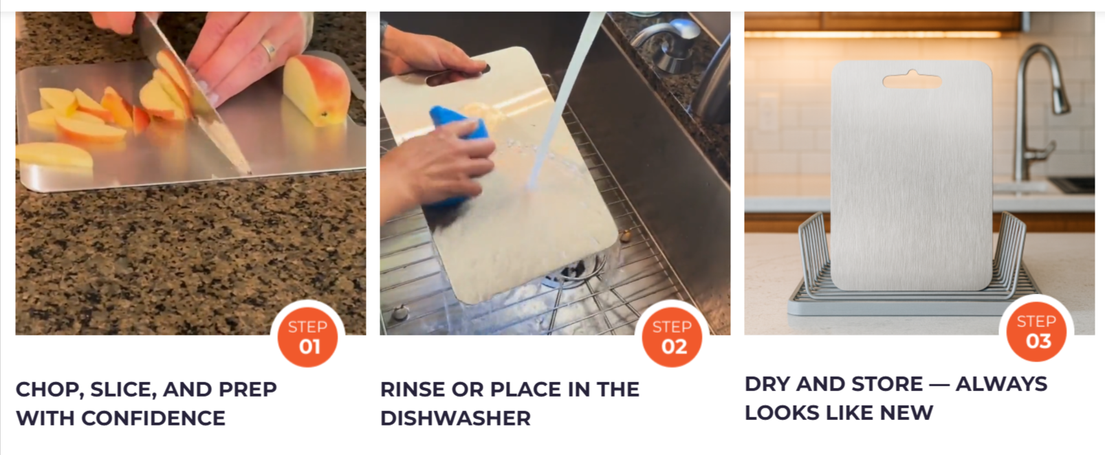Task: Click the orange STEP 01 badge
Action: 307,337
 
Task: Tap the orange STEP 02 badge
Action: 672,337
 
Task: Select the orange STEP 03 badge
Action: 1036,332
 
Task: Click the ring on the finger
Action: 269,49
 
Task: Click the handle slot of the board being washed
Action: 458,75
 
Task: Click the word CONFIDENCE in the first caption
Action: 153,419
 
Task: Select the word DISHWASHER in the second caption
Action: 455,419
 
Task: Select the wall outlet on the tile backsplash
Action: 767,111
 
